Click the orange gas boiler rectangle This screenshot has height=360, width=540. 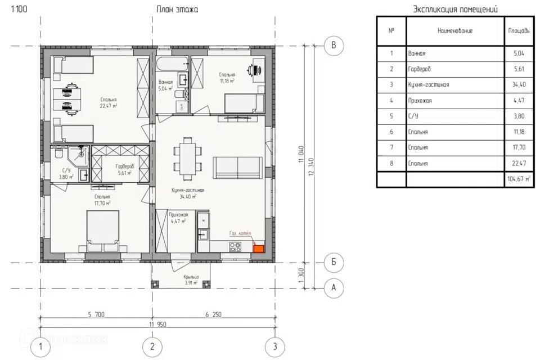(259, 249)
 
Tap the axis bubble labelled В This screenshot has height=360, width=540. (334, 46)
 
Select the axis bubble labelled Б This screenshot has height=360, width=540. (334, 263)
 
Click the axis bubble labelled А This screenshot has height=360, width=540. (334, 287)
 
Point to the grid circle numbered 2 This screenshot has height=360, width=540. (152, 346)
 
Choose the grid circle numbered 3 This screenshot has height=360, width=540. (275, 346)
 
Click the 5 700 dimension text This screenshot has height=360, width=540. (96, 314)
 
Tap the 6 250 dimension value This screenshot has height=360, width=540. (214, 314)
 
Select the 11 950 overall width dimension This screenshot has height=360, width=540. (157, 324)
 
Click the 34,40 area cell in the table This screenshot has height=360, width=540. (519, 84)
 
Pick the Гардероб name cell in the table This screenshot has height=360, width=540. (455, 69)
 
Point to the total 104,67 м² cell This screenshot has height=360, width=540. (519, 179)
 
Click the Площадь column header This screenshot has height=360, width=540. (519, 31)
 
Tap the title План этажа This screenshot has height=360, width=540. (177, 10)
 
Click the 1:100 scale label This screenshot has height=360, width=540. (19, 9)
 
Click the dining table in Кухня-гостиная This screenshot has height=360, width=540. (188, 159)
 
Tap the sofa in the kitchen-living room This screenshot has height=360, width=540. (237, 168)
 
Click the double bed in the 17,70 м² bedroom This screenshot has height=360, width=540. (102, 230)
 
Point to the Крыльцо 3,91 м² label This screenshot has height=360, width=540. (191, 280)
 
